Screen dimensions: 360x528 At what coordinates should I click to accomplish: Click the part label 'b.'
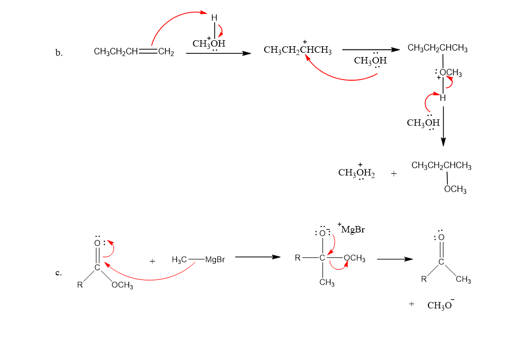point(59,53)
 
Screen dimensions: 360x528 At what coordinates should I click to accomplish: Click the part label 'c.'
point(59,273)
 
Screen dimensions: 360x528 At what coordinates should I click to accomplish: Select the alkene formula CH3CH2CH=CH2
point(133,52)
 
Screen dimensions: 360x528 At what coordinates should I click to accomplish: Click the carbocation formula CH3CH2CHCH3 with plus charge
point(298,51)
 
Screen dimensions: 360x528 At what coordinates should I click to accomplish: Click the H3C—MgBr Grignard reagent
point(198,260)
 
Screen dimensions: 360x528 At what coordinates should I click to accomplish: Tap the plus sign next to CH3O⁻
point(412,305)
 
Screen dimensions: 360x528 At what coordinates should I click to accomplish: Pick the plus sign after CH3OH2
point(394,174)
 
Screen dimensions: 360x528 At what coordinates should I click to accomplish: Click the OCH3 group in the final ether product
point(455,190)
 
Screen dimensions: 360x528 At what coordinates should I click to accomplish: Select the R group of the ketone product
point(424,279)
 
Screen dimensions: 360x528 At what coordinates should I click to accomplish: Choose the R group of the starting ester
point(79,285)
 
